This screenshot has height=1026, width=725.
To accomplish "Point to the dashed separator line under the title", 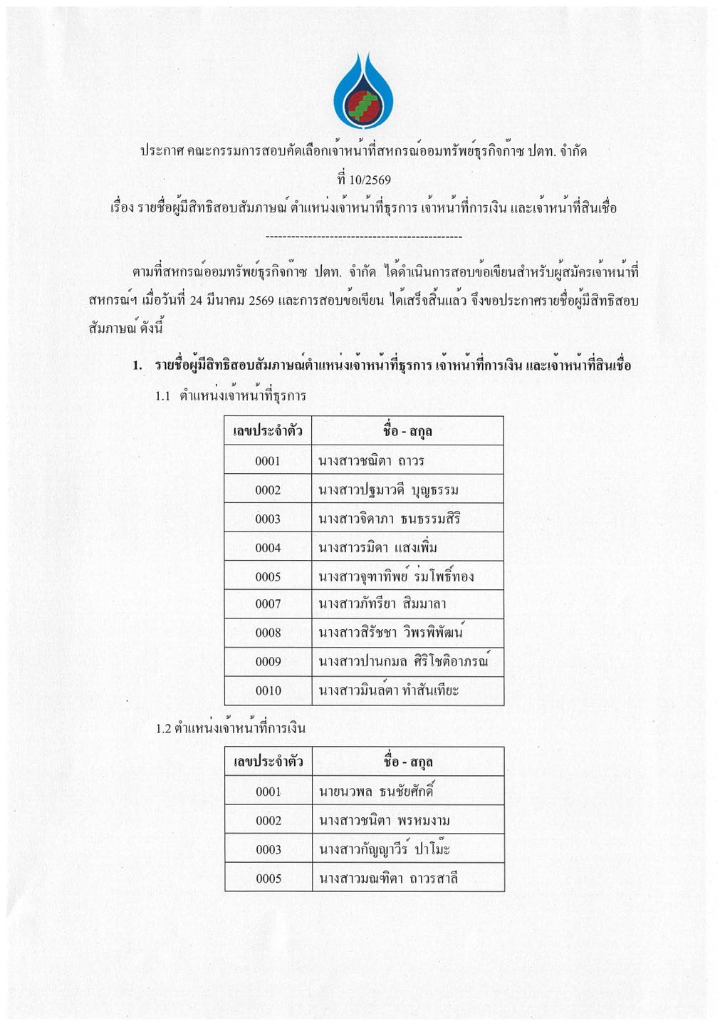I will [x=363, y=237].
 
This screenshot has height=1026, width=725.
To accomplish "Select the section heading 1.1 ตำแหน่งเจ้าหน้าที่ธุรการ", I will [x=231, y=395].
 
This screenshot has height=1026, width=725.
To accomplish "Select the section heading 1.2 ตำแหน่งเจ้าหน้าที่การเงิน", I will [x=231, y=728].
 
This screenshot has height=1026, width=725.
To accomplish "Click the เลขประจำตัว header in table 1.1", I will [x=268, y=431].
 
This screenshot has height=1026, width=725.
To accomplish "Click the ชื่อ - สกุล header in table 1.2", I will [x=407, y=762].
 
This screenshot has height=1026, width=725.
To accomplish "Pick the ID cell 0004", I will [x=268, y=548].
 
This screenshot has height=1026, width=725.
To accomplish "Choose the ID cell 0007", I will [x=268, y=604].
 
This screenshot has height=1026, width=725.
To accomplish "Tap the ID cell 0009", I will [x=268, y=662].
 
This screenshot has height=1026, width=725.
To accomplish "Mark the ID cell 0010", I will [x=268, y=690].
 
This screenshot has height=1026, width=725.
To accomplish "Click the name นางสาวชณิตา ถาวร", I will [x=371, y=461].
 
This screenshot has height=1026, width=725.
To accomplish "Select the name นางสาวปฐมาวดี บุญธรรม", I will [x=388, y=490].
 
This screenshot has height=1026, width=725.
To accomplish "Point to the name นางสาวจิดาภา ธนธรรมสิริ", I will [x=389, y=519].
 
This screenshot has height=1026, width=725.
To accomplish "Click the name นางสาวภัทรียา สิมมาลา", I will [x=382, y=604].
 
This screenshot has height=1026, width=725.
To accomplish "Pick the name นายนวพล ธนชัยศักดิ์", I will [x=376, y=792].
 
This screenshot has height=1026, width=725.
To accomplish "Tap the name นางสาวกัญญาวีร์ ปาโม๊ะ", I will [x=385, y=849].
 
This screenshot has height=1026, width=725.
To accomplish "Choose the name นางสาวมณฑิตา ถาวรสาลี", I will [x=388, y=879].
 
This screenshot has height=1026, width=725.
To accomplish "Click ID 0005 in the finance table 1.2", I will [x=268, y=879].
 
